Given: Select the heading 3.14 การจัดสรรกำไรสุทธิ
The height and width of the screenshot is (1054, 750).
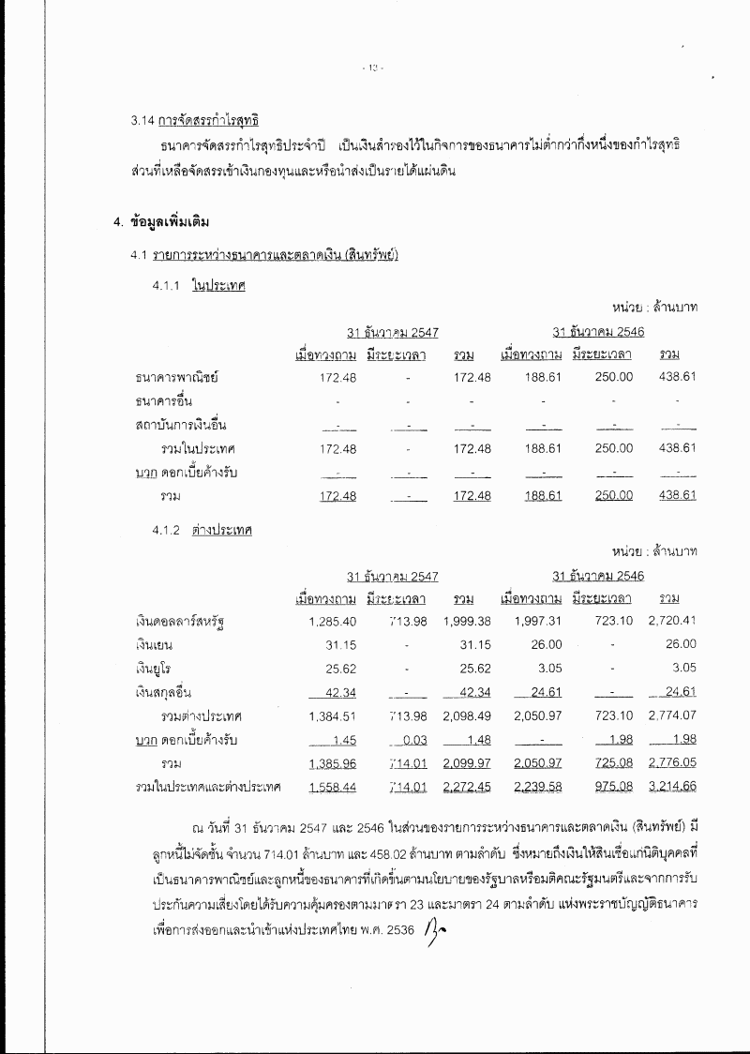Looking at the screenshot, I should point(195,121).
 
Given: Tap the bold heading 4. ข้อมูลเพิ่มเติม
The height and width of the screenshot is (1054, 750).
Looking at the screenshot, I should point(160,222).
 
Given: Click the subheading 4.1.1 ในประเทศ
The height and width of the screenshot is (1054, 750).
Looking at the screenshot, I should point(199,287).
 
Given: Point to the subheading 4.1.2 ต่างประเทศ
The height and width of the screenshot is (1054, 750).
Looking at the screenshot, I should point(202,530).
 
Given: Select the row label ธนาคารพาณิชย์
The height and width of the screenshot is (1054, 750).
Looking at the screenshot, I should point(176,377).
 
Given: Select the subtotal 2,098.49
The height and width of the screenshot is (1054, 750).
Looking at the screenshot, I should point(467,716).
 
